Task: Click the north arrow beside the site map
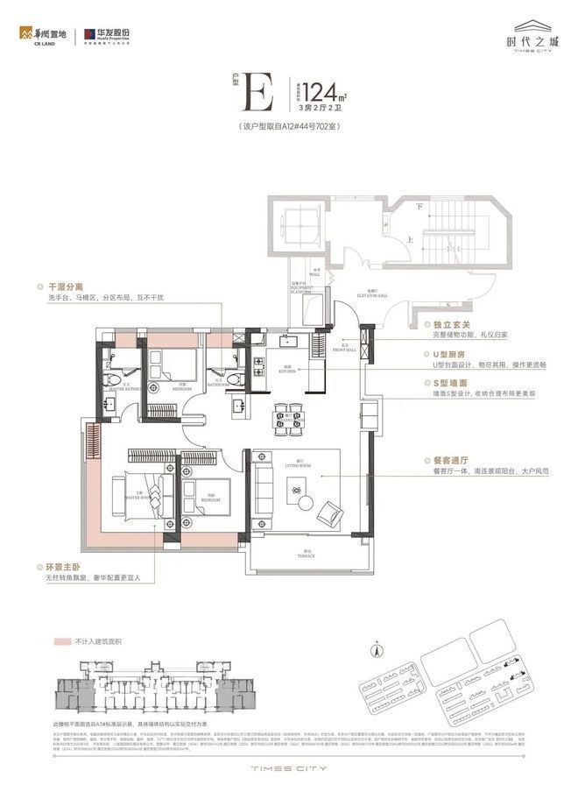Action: coord(377,651)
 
